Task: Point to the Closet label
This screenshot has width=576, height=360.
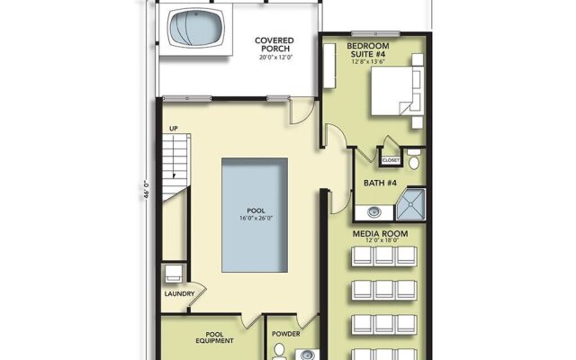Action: (391, 160)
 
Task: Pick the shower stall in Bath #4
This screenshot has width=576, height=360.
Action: (410, 205)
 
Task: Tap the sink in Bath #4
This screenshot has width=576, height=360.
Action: (373, 213)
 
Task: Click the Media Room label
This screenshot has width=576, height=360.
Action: (380, 232)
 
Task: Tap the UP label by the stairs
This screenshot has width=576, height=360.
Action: (175, 130)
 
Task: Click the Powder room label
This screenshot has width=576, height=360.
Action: (286, 332)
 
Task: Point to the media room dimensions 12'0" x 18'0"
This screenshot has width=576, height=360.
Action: (380, 241)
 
